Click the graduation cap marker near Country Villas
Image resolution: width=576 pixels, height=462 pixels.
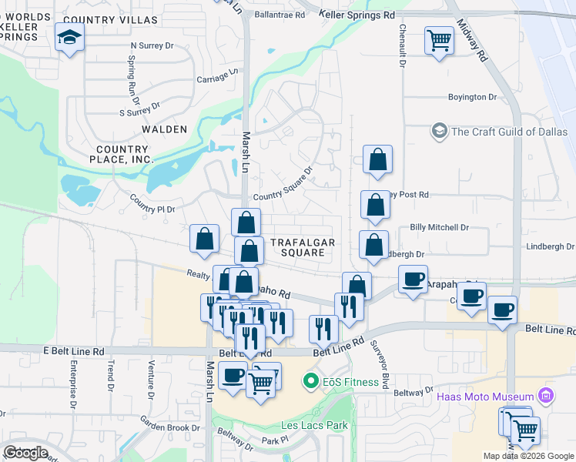pos(69,37)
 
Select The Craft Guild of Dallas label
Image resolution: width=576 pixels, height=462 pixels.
pos(508,131)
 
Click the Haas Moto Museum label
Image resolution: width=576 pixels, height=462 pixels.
pos(486,397)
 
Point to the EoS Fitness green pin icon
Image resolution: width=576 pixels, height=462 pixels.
pos(311,381)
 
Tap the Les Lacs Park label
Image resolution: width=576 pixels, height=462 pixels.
pos(313,425)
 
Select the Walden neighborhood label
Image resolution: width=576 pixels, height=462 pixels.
pos(164,129)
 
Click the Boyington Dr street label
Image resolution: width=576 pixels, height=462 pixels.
pos(473,97)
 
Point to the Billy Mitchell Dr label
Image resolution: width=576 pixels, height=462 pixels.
pos(439,228)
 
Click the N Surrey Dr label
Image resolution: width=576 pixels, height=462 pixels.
pos(152,45)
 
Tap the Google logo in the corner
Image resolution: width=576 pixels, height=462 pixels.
pos(25,453)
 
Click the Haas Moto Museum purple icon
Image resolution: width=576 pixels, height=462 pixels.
pos(546,397)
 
